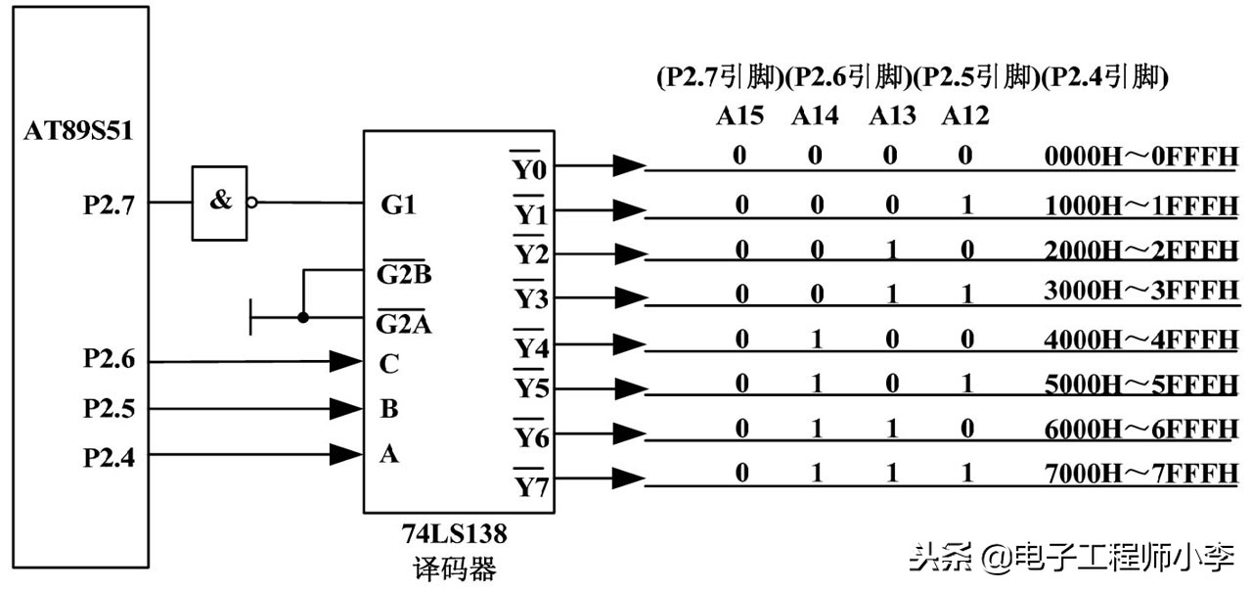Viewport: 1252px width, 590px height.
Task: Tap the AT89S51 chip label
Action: pos(78,130)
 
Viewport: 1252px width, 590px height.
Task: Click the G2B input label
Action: pos(404,274)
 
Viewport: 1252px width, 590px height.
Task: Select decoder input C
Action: pos(388,364)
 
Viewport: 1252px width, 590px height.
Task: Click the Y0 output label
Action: pos(531,168)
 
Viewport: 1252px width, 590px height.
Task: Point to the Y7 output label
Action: pos(531,484)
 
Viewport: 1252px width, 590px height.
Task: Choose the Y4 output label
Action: pos(531,347)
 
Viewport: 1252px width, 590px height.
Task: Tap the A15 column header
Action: pos(739,116)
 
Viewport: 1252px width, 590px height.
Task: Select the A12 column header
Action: pos(965,116)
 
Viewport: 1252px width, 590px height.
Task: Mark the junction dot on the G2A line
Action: pos(303,318)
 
